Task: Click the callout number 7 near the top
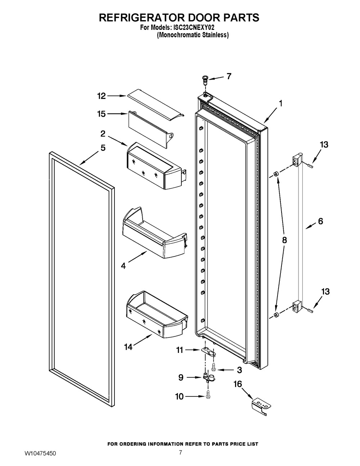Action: pyautogui.click(x=229, y=76)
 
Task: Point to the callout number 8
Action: pyautogui.click(x=284, y=240)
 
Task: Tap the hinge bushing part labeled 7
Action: pyautogui.click(x=205, y=79)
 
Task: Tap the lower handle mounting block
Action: pyautogui.click(x=297, y=306)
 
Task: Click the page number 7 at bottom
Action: pyautogui.click(x=180, y=453)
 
